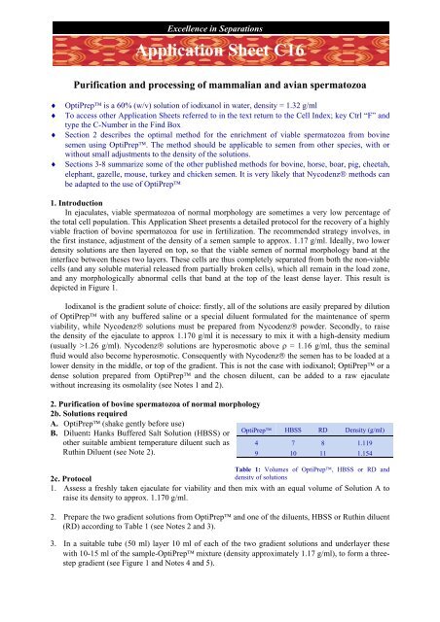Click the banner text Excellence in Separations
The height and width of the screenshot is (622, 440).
pyautogui.click(x=219, y=13)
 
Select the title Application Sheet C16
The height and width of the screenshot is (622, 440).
pyautogui.click(x=220, y=48)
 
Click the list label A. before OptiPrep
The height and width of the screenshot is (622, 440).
pyautogui.click(x=11, y=430)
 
